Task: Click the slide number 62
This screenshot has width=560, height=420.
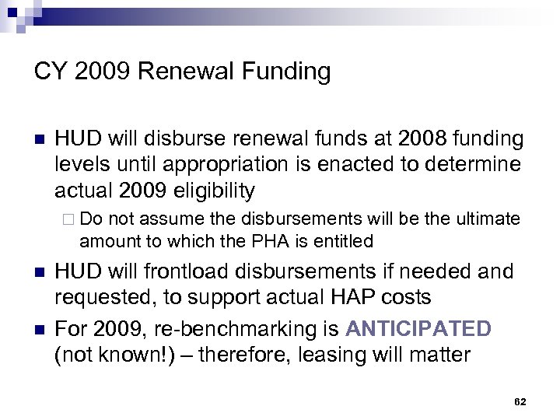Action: tap(520, 401)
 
